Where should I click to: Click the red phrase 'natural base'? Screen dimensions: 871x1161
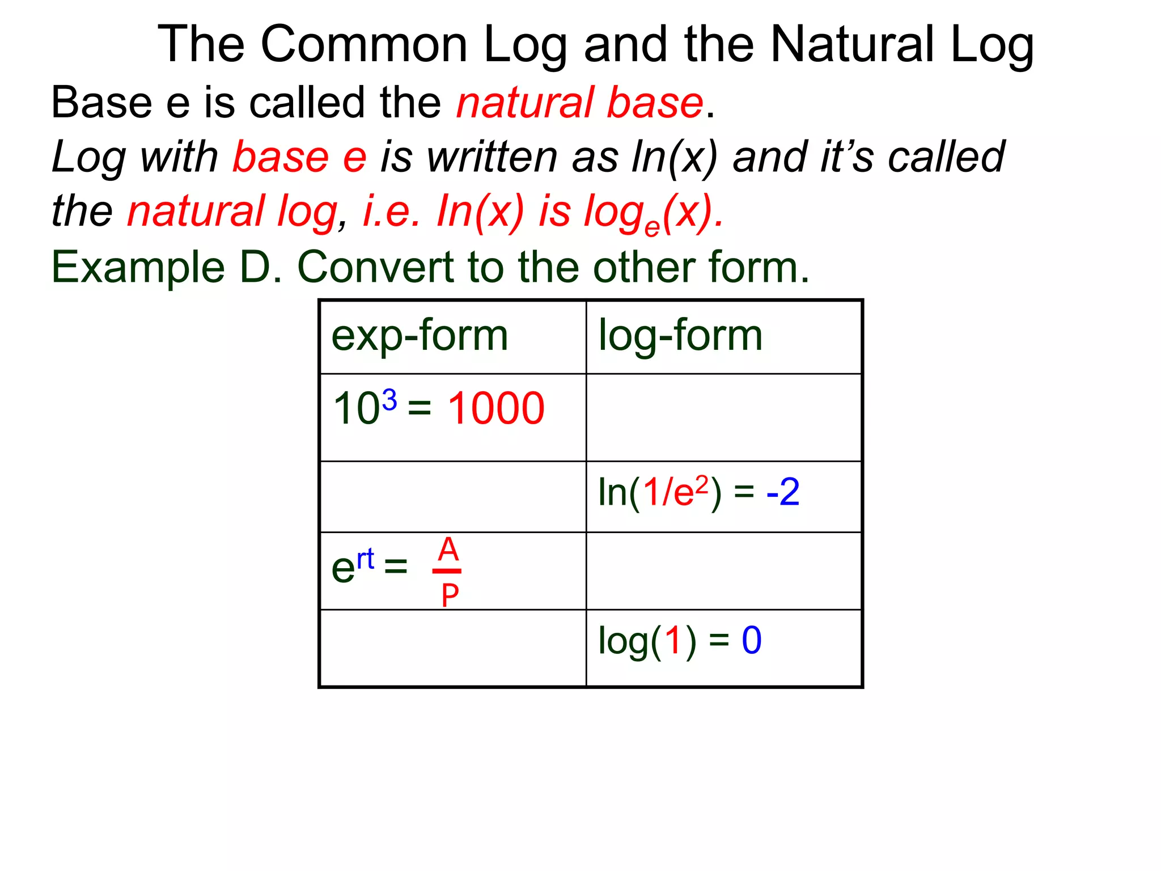579,103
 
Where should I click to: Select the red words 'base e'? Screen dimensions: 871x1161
299,157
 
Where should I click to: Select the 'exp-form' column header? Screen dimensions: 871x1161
420,336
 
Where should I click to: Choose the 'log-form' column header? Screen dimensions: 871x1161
680,336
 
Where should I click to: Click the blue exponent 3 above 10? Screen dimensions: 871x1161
389,400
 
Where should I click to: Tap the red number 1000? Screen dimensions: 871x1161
496,408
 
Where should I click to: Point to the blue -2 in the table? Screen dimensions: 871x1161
782,492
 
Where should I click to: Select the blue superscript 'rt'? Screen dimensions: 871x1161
366,559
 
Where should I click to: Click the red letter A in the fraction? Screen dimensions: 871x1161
448,549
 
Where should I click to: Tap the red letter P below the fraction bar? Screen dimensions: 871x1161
450,595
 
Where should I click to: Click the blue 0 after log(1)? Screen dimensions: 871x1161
752,641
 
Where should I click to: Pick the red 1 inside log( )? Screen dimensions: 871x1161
673,641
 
